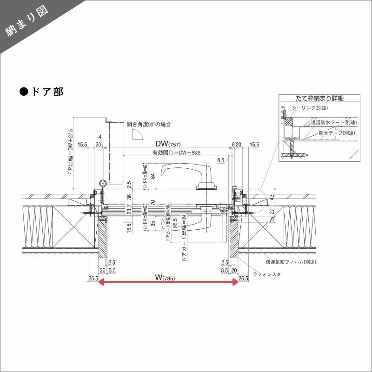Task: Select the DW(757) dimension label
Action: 168,144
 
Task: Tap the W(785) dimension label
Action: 168,278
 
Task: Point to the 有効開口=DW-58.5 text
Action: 169,153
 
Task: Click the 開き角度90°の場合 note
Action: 149,125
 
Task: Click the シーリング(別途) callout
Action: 310,108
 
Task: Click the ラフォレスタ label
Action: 267,274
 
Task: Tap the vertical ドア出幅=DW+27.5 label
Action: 70,153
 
